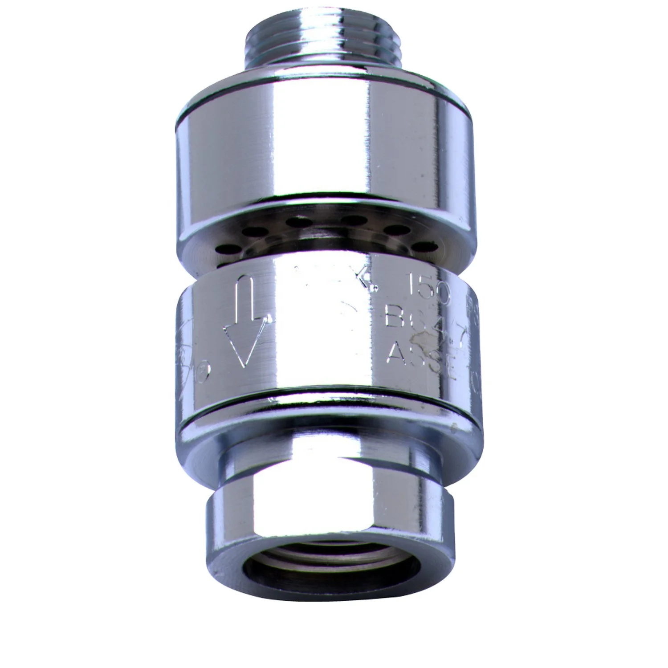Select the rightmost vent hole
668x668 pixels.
pyautogui.click(x=421, y=245)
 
